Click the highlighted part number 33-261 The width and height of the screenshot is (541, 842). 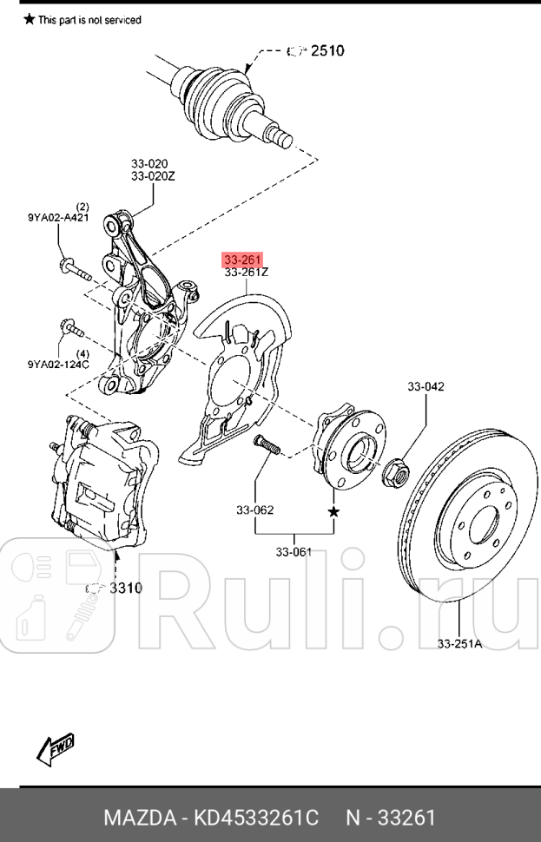[x=243, y=260]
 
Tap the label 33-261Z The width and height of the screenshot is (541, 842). [x=247, y=273]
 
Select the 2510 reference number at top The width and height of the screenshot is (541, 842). [x=327, y=50]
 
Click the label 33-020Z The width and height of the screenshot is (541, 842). [x=153, y=176]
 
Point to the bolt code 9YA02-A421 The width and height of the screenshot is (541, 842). [x=58, y=219]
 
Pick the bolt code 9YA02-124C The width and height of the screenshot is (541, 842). [x=58, y=365]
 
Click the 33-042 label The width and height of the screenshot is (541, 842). [x=426, y=386]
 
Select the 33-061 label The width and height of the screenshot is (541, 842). [x=294, y=551]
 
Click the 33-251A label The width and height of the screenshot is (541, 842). [x=460, y=643]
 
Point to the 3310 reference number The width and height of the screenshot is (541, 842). [x=124, y=588]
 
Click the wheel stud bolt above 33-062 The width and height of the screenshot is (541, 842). [x=266, y=445]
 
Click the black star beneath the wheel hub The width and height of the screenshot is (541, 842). [x=333, y=512]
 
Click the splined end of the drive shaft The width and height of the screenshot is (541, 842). [x=280, y=134]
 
